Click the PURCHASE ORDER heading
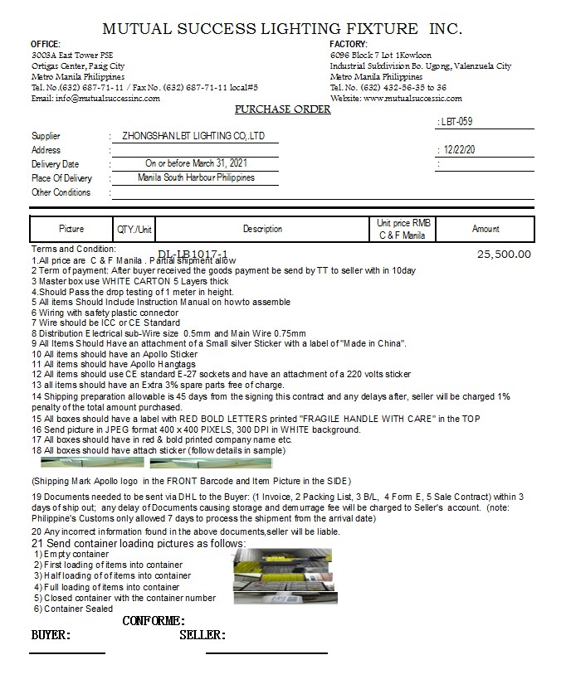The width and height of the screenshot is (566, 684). click(283, 109)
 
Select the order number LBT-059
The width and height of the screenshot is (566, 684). click(459, 122)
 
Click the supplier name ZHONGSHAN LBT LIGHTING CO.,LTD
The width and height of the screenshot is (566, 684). click(193, 136)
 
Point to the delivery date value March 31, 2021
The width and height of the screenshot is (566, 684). click(196, 164)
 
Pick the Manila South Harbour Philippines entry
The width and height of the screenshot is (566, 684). click(196, 178)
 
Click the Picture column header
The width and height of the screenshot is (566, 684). click(71, 229)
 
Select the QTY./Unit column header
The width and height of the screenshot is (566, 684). click(134, 229)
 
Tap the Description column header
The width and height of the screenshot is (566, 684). click(262, 229)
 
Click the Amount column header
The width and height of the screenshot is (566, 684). click(485, 229)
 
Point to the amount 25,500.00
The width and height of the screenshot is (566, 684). click(504, 255)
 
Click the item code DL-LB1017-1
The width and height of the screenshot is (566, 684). click(193, 255)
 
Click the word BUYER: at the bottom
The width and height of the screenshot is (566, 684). click(51, 636)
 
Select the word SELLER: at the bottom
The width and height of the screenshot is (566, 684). click(202, 636)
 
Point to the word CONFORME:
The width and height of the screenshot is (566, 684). click(154, 621)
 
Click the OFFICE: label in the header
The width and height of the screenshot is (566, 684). click(45, 44)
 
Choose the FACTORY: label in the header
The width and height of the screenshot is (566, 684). click(349, 44)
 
